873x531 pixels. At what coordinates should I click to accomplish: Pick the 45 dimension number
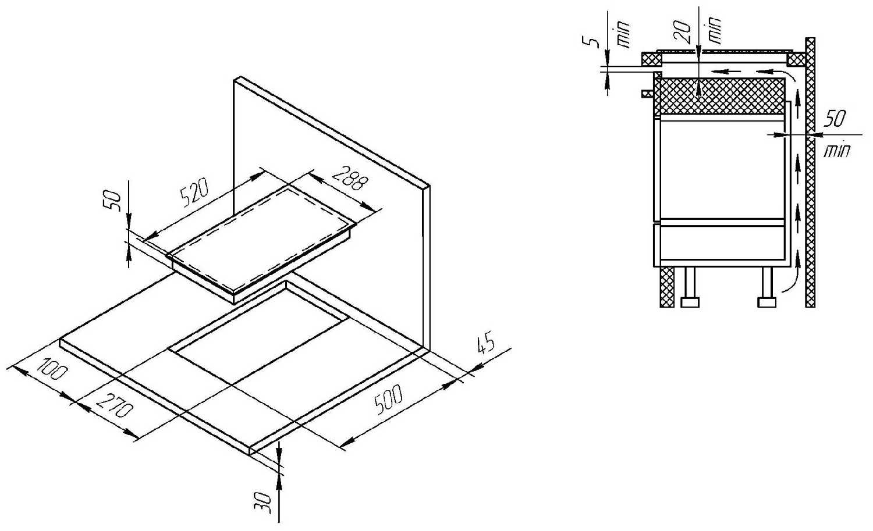[485, 343]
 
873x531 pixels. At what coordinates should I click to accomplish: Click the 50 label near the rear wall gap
[836, 119]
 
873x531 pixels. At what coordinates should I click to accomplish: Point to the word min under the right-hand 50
[836, 151]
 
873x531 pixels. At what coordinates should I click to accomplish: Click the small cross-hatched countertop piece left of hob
[651, 59]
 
